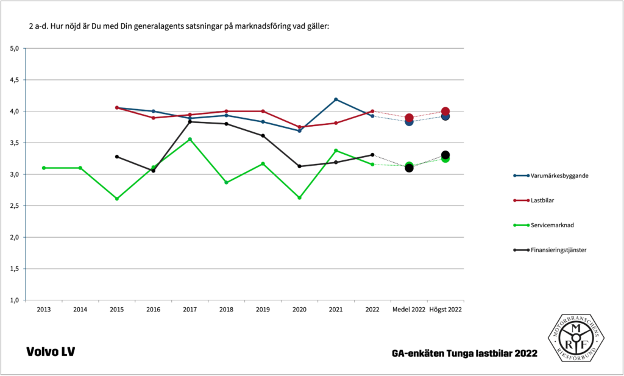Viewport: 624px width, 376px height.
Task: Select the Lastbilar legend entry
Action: pos(542,200)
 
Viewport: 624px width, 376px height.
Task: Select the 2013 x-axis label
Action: pos(44,310)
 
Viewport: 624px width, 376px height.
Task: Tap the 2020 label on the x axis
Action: pos(299,310)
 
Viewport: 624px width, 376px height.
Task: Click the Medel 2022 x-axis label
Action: pos(409,310)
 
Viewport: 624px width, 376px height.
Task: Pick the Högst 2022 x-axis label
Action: pos(445,310)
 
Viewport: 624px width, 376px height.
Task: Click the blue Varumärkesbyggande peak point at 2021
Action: pos(336,99)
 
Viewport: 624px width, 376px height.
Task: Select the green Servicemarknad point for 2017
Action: pos(190,139)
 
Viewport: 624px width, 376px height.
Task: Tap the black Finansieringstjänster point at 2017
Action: pos(190,122)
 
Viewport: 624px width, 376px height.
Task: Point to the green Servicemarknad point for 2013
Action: pos(44,168)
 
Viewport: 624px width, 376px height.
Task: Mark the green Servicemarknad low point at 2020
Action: pos(299,197)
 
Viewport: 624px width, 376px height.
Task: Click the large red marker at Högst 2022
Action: pos(445,112)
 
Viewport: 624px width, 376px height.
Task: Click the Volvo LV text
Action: pos(51,352)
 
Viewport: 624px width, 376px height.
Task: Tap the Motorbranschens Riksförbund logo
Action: pos(575,338)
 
